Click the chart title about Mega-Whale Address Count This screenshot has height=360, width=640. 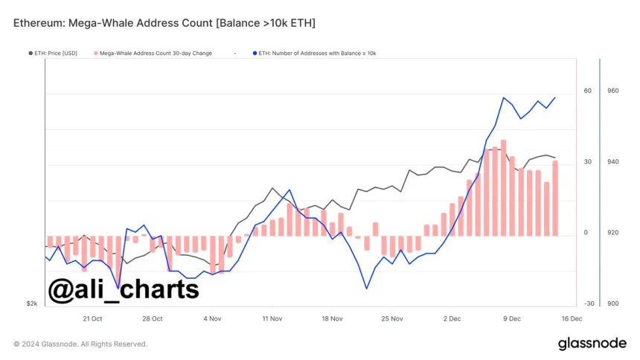click(x=164, y=24)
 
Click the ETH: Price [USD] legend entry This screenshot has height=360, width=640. click(x=54, y=54)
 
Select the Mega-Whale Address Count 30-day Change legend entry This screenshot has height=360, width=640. click(x=162, y=54)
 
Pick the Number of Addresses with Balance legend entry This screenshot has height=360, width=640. click(x=317, y=54)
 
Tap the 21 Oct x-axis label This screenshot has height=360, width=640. click(x=92, y=318)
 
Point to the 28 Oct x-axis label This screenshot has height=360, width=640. click(x=153, y=318)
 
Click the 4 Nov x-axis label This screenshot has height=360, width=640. click(x=212, y=318)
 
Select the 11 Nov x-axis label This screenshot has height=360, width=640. click(x=272, y=318)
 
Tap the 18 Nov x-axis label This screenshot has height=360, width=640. click(x=332, y=318)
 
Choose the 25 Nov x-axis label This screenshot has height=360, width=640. click(x=392, y=318)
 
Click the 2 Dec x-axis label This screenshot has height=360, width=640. click(x=452, y=318)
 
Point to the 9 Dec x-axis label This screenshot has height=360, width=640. click(x=512, y=318)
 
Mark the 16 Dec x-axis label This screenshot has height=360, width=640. click(x=572, y=318)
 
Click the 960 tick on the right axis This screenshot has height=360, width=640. click(x=612, y=91)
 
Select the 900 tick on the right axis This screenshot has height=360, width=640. click(x=612, y=303)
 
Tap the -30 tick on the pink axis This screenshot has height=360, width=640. click(x=589, y=303)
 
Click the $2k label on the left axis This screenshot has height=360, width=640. click(x=32, y=303)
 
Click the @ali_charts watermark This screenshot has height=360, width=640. click(x=124, y=289)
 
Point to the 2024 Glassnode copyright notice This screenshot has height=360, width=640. click(x=80, y=344)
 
